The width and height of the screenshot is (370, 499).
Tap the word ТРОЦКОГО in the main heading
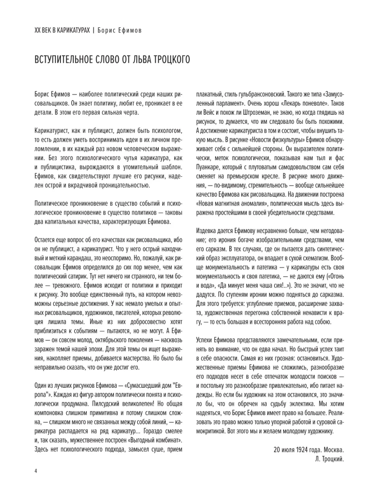169,62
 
